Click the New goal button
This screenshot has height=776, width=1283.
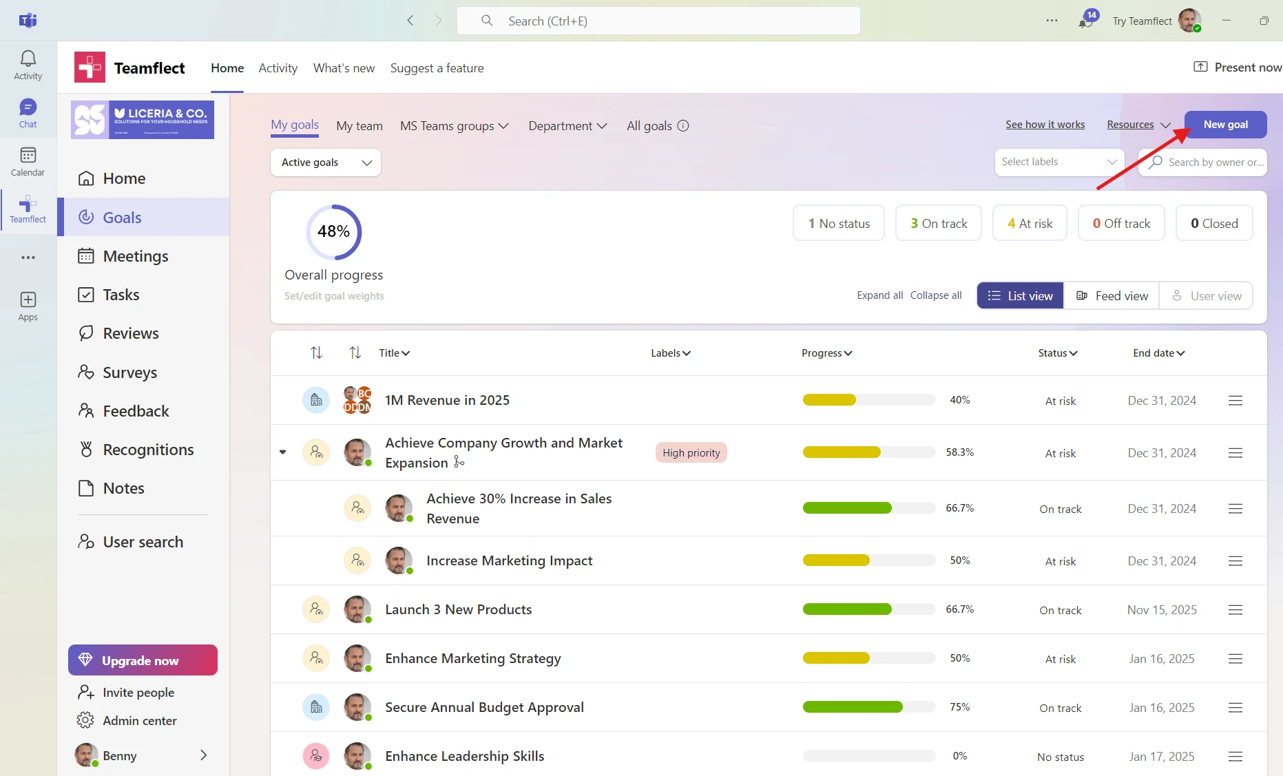click(x=1225, y=125)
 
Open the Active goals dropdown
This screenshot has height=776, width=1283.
click(x=326, y=162)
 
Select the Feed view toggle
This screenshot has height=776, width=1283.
click(x=1112, y=295)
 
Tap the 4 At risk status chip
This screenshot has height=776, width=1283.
click(x=1030, y=223)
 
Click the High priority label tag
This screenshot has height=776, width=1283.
click(x=691, y=452)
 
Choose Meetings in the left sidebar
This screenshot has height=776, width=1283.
click(x=135, y=256)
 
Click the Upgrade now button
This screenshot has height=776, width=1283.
click(x=143, y=660)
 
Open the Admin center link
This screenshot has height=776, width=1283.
click(x=139, y=720)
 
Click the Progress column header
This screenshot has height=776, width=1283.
click(x=826, y=353)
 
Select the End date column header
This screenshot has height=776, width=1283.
click(x=1158, y=353)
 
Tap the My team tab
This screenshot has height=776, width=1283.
click(x=359, y=126)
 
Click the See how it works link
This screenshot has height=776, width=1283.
click(x=1045, y=125)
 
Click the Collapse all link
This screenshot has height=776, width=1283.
click(x=936, y=295)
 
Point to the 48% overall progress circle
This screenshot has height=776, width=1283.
click(x=334, y=232)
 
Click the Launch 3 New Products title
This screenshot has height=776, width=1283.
click(x=458, y=609)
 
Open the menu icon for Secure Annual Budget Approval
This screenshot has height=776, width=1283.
click(x=1235, y=708)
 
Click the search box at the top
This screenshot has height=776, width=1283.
click(x=658, y=21)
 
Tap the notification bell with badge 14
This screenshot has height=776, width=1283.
click(x=1086, y=21)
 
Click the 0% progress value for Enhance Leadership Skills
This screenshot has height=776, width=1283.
click(x=959, y=756)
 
